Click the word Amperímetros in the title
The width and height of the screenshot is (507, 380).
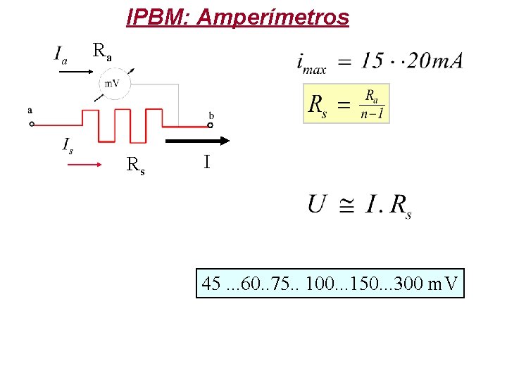(274, 17)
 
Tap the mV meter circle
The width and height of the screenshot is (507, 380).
(113, 84)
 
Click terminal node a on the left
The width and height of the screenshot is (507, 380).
(32, 125)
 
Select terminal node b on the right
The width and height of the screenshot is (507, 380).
(211, 125)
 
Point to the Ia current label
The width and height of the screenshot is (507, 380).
(61, 54)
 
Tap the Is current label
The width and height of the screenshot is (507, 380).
(68, 145)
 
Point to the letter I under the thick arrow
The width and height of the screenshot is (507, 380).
(206, 163)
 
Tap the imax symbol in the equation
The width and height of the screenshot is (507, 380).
(311, 63)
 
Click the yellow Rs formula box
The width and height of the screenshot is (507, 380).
(346, 103)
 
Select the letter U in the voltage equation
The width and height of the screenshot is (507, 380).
(317, 204)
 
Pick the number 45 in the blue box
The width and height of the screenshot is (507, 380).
(211, 284)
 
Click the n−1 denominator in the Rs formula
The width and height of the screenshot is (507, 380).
(372, 114)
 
